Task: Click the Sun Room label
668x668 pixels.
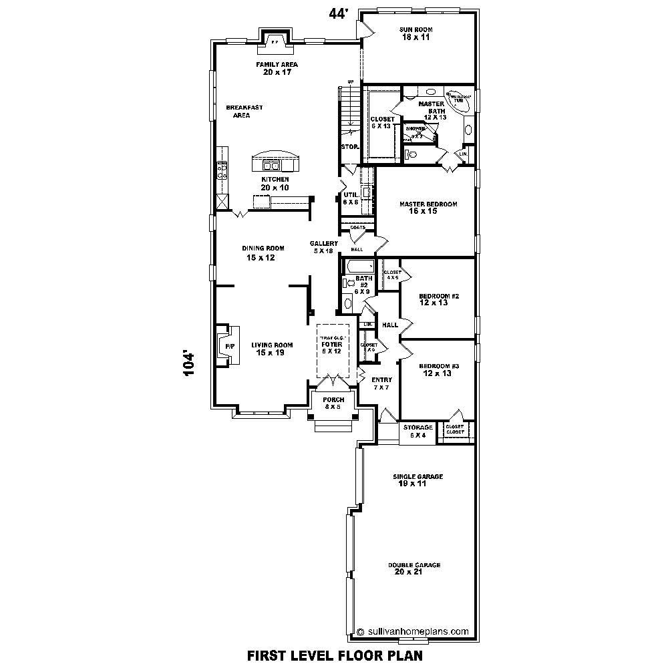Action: [x=416, y=33]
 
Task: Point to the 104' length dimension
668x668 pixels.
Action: [x=190, y=365]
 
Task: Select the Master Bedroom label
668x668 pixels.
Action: [x=428, y=207]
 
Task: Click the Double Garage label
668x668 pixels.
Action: [x=414, y=568]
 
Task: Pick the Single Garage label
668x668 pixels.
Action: [x=417, y=480]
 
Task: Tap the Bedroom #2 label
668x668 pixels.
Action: [x=434, y=299]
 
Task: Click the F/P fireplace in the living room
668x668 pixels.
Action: [x=228, y=346]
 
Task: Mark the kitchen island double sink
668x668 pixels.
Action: [x=274, y=166]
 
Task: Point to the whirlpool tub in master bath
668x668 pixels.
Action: [x=458, y=98]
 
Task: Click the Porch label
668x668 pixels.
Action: [x=333, y=403]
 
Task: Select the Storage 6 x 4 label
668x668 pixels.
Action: [x=418, y=431]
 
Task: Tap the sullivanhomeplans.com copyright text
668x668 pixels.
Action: [x=413, y=630]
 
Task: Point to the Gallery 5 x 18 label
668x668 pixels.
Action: [x=323, y=247]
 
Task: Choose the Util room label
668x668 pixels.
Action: [x=351, y=198]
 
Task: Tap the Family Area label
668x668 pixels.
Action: [x=277, y=68]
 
